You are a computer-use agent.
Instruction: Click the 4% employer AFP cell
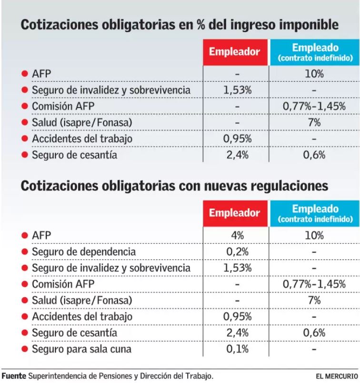coord(237,235)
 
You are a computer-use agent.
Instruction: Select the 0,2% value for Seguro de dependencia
coord(237,252)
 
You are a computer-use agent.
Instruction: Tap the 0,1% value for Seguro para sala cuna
coord(237,349)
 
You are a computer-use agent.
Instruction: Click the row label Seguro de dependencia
coord(83,252)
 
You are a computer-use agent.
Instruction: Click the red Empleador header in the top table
coord(235,52)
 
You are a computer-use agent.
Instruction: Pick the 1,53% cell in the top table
coord(237,90)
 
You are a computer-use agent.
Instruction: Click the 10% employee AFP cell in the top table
coord(315,74)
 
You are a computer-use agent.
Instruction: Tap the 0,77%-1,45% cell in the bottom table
coord(314,284)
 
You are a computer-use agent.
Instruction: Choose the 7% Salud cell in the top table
coord(315,122)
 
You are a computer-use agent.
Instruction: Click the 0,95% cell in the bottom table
coord(237,316)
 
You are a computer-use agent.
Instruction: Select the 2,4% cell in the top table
coord(237,154)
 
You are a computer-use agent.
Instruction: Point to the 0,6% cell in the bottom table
coord(315,333)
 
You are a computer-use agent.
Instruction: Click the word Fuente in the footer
coord(13,375)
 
